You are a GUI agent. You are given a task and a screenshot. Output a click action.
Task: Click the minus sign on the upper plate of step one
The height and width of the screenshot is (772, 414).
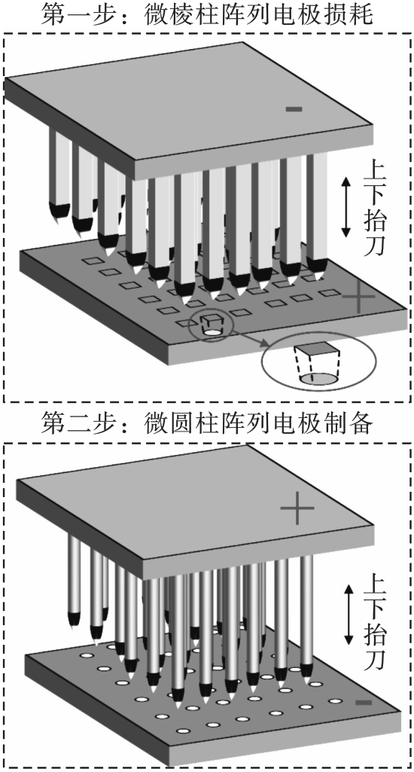tap(294, 108)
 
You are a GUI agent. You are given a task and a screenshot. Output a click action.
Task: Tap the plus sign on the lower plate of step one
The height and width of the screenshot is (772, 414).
tap(359, 297)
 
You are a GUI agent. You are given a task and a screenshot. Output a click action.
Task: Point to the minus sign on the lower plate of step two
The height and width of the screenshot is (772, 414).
tap(364, 702)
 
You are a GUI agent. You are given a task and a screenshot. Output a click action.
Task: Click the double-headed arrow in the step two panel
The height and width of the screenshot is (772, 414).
tap(349, 615)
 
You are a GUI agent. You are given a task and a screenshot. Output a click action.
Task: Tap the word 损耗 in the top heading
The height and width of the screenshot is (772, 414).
tap(352, 16)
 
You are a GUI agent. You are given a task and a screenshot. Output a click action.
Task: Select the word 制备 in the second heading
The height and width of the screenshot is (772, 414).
tap(352, 423)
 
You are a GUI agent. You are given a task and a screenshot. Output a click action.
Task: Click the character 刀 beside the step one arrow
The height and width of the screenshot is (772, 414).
tap(374, 247)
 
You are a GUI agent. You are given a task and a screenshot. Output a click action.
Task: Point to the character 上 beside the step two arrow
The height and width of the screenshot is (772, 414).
tap(375, 584)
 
